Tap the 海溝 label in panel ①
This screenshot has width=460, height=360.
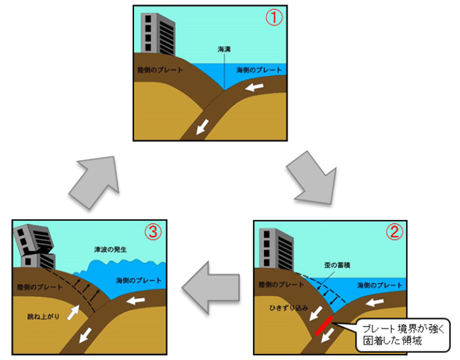[x=225, y=49]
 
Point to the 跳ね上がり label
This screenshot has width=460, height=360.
[x=45, y=316]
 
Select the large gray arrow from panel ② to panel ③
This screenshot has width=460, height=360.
[x=211, y=287]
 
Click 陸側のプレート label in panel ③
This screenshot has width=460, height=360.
[x=39, y=287]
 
